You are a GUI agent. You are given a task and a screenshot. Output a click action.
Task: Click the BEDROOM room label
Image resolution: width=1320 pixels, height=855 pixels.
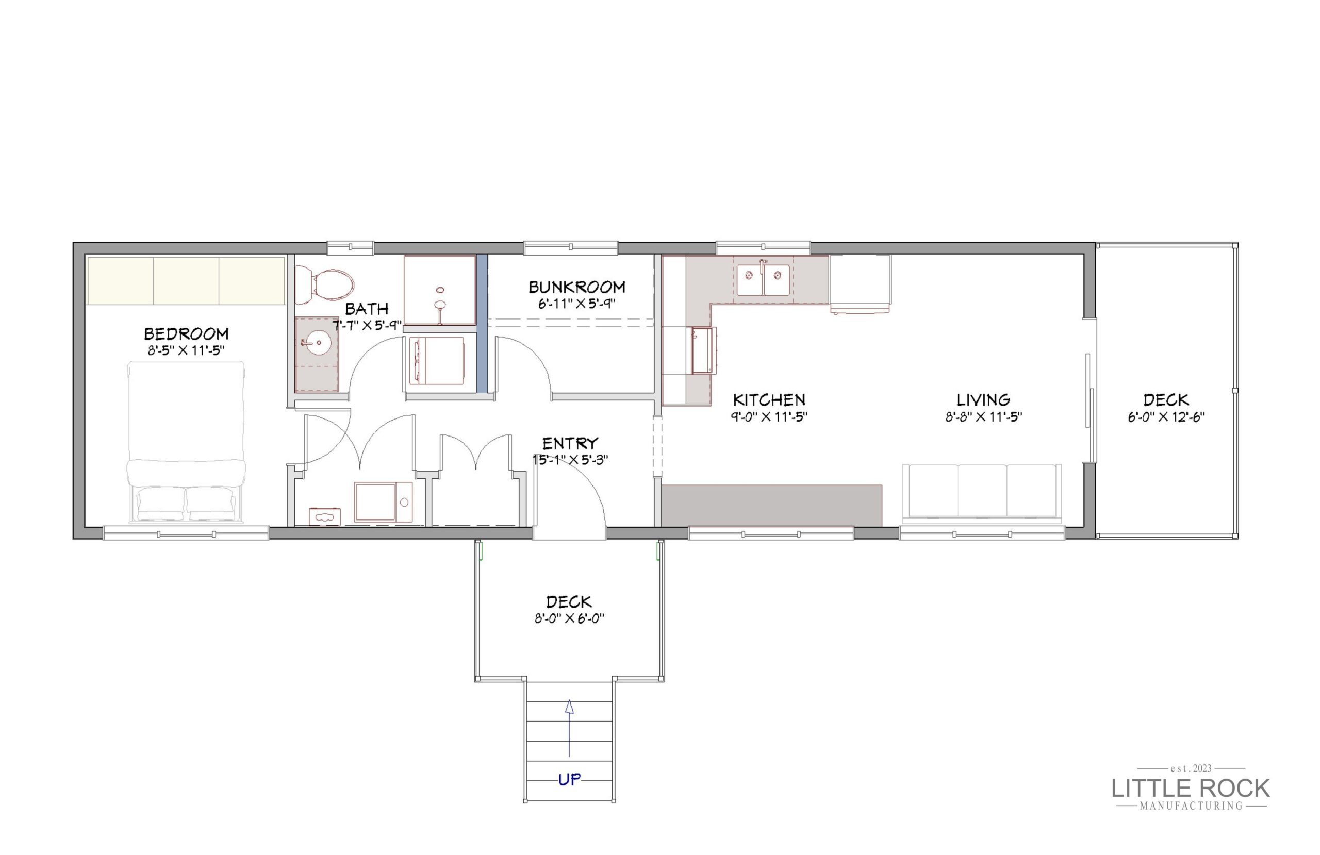pos(186,334)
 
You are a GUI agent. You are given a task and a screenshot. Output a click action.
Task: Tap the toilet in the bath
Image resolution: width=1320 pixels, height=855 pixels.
pos(324,284)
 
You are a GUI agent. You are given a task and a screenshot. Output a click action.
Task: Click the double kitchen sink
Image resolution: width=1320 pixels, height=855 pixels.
pos(763,280)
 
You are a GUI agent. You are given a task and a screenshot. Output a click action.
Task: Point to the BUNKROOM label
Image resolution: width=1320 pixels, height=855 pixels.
pos(577,287)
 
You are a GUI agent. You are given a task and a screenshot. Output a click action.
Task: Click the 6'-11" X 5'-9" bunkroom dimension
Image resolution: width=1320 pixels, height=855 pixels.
pos(577,304)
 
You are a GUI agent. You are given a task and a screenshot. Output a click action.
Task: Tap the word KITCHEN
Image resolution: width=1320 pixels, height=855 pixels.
pos(769,400)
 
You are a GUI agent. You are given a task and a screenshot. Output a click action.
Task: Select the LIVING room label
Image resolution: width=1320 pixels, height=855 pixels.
pos(983,400)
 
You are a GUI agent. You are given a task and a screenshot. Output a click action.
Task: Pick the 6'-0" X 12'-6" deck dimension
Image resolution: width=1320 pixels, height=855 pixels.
pos(1166,417)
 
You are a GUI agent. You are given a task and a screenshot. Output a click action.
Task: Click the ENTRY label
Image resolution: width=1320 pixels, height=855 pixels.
pos(570,444)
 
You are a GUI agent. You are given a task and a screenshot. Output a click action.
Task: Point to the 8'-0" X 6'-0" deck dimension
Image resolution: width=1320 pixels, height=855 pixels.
pos(569,618)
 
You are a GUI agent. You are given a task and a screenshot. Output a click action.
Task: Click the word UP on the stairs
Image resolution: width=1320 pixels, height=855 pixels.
pos(570,780)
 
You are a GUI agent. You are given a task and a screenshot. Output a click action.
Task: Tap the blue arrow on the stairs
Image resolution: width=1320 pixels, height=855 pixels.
pos(569,728)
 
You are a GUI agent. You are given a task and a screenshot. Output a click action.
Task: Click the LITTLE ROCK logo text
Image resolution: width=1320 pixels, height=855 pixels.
pos(1191,788)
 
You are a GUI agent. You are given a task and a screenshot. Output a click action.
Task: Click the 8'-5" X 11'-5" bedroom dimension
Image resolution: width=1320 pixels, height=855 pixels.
pos(186,350)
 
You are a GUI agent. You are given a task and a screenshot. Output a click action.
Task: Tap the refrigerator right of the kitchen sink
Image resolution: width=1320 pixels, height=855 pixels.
pos(860,284)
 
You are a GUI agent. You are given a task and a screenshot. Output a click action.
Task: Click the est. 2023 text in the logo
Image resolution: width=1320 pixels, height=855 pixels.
pos(1191,768)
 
